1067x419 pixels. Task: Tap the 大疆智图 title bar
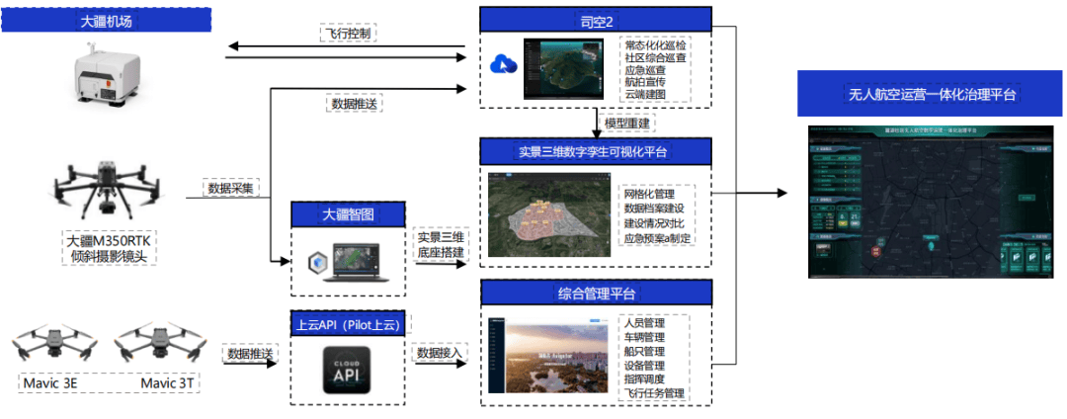349,213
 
